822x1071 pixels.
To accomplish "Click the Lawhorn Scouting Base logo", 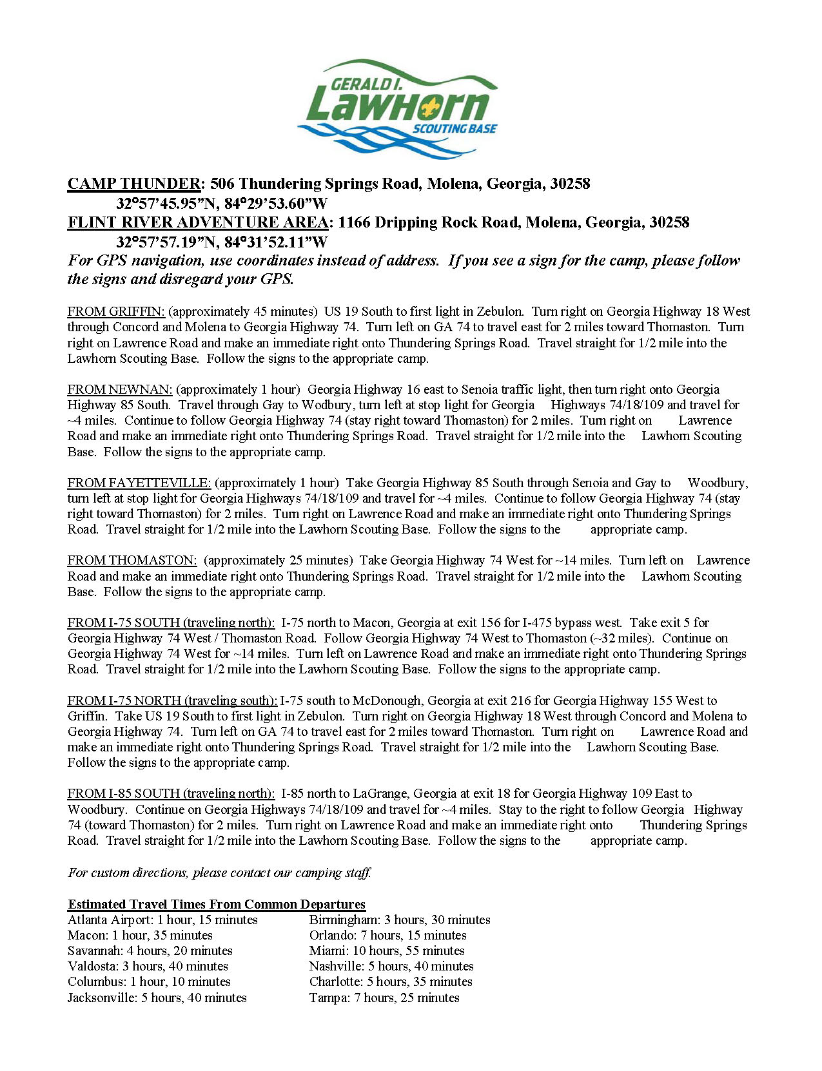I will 397,108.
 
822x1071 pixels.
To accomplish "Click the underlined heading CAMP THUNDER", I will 134,184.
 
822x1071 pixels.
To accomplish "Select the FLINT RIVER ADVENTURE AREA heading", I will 198,222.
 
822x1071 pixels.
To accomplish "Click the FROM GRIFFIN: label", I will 116,312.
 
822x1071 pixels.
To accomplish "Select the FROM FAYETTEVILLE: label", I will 139,483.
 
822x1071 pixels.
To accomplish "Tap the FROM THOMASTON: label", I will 132,561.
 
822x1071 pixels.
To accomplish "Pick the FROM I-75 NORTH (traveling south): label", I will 172,700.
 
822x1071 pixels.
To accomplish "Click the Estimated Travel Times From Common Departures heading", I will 217,904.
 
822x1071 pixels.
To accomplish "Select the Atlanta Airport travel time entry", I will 162,920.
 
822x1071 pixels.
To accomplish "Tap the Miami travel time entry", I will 387,951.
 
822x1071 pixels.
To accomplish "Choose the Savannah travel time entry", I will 150,951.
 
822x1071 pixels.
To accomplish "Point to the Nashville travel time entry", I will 391,967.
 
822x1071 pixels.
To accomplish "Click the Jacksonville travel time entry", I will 157,998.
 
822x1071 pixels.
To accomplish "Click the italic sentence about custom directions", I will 220,873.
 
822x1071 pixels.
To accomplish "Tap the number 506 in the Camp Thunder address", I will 223,184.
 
